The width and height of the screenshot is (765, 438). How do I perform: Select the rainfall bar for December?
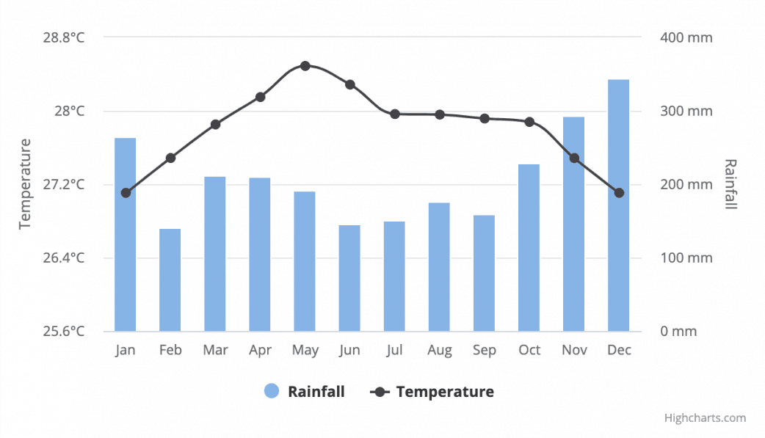pos(619,205)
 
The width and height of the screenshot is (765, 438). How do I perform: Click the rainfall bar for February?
pos(170,280)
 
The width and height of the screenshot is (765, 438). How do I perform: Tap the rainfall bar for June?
pos(349,278)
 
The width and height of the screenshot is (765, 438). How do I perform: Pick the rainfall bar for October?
pos(529,248)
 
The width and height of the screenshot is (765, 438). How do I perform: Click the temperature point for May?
pos(305,66)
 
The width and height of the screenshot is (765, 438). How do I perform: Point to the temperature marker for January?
pos(126,193)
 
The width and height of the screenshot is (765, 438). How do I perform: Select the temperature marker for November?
pos(574,158)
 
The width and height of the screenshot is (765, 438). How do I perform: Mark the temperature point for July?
pos(395,114)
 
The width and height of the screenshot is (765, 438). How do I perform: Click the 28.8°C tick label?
pos(63,37)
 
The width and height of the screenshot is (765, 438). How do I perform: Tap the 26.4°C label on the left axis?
pos(63,258)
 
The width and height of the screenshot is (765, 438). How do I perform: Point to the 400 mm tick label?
pos(686,37)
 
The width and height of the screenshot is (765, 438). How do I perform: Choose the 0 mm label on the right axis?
pos(678,331)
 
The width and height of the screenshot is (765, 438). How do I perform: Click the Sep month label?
pos(485,350)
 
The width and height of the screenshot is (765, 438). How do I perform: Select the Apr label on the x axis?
pos(260,350)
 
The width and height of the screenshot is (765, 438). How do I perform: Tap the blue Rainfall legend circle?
pos(272,391)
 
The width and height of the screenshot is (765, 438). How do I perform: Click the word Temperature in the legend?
pos(445,391)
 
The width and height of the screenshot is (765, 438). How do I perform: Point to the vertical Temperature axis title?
pos(26,183)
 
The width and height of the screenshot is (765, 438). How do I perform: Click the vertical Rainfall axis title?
pos(730,183)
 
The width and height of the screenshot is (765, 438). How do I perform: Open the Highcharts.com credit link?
pos(705,418)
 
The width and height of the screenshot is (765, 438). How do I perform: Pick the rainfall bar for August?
pos(439,267)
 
